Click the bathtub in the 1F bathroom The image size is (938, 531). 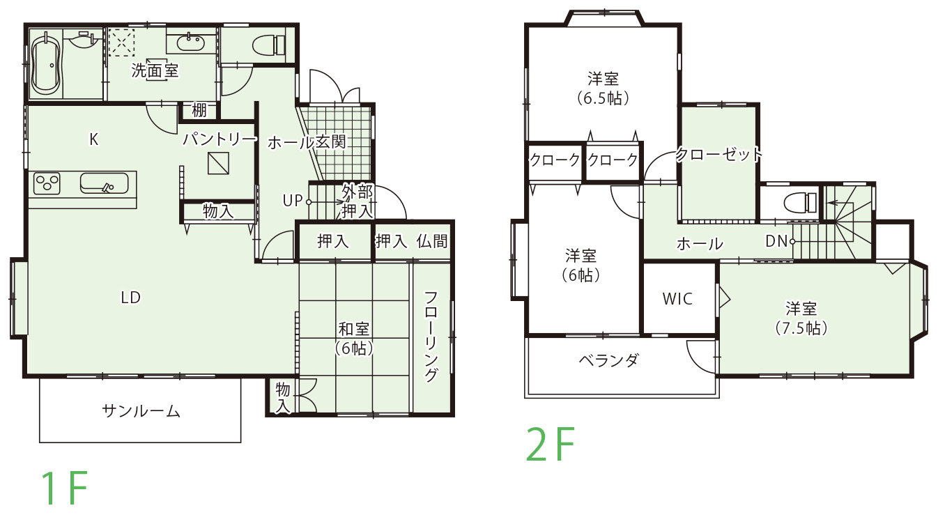pyautogui.click(x=46, y=63)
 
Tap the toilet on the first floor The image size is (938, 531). pyautogui.click(x=268, y=45)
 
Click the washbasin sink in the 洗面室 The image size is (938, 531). pyautogui.click(x=190, y=43)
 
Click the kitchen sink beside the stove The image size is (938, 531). pyautogui.click(x=104, y=183)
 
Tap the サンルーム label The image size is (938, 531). pyautogui.click(x=141, y=411)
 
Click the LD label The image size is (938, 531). pyautogui.click(x=130, y=298)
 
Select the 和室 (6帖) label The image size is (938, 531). pyautogui.click(x=354, y=338)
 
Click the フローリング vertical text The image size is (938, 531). pyautogui.click(x=431, y=337)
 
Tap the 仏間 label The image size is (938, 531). pyautogui.click(x=432, y=242)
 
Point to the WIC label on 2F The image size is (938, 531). pyautogui.click(x=677, y=299)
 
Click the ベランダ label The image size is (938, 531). pyautogui.click(x=608, y=361)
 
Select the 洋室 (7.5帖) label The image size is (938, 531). pyautogui.click(x=801, y=318)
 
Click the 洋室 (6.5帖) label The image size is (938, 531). pyautogui.click(x=603, y=88)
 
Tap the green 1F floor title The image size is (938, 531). pyautogui.click(x=63, y=488)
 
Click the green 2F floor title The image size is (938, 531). pyautogui.click(x=551, y=445)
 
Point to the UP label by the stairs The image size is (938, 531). pyautogui.click(x=292, y=201)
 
